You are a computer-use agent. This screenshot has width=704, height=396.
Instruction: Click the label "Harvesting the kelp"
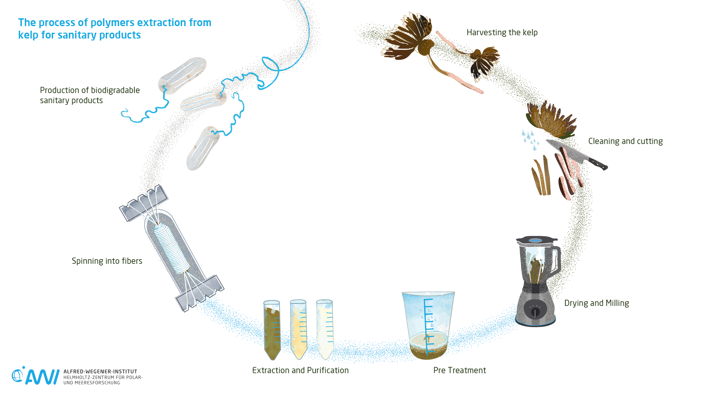(x=502, y=33)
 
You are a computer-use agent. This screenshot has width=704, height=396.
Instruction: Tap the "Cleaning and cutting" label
(x=625, y=141)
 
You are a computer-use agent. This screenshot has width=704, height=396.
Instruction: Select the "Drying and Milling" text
(x=596, y=303)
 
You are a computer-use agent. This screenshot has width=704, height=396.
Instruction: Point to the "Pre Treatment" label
(x=459, y=371)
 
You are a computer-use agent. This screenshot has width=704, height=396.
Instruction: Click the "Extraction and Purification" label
(x=300, y=371)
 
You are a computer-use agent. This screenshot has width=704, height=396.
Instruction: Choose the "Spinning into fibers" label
(x=107, y=261)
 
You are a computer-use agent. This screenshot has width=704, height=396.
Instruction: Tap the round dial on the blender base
(x=535, y=311)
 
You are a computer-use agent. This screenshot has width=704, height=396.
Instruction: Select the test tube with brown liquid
(x=272, y=330)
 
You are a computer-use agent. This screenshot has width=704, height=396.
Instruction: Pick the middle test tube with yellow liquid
(x=298, y=330)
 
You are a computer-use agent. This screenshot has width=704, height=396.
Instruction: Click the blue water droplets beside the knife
(x=530, y=139)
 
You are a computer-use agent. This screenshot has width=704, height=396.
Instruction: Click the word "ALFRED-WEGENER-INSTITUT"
(x=100, y=372)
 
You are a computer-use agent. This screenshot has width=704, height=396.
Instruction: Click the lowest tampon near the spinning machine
(x=202, y=149)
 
